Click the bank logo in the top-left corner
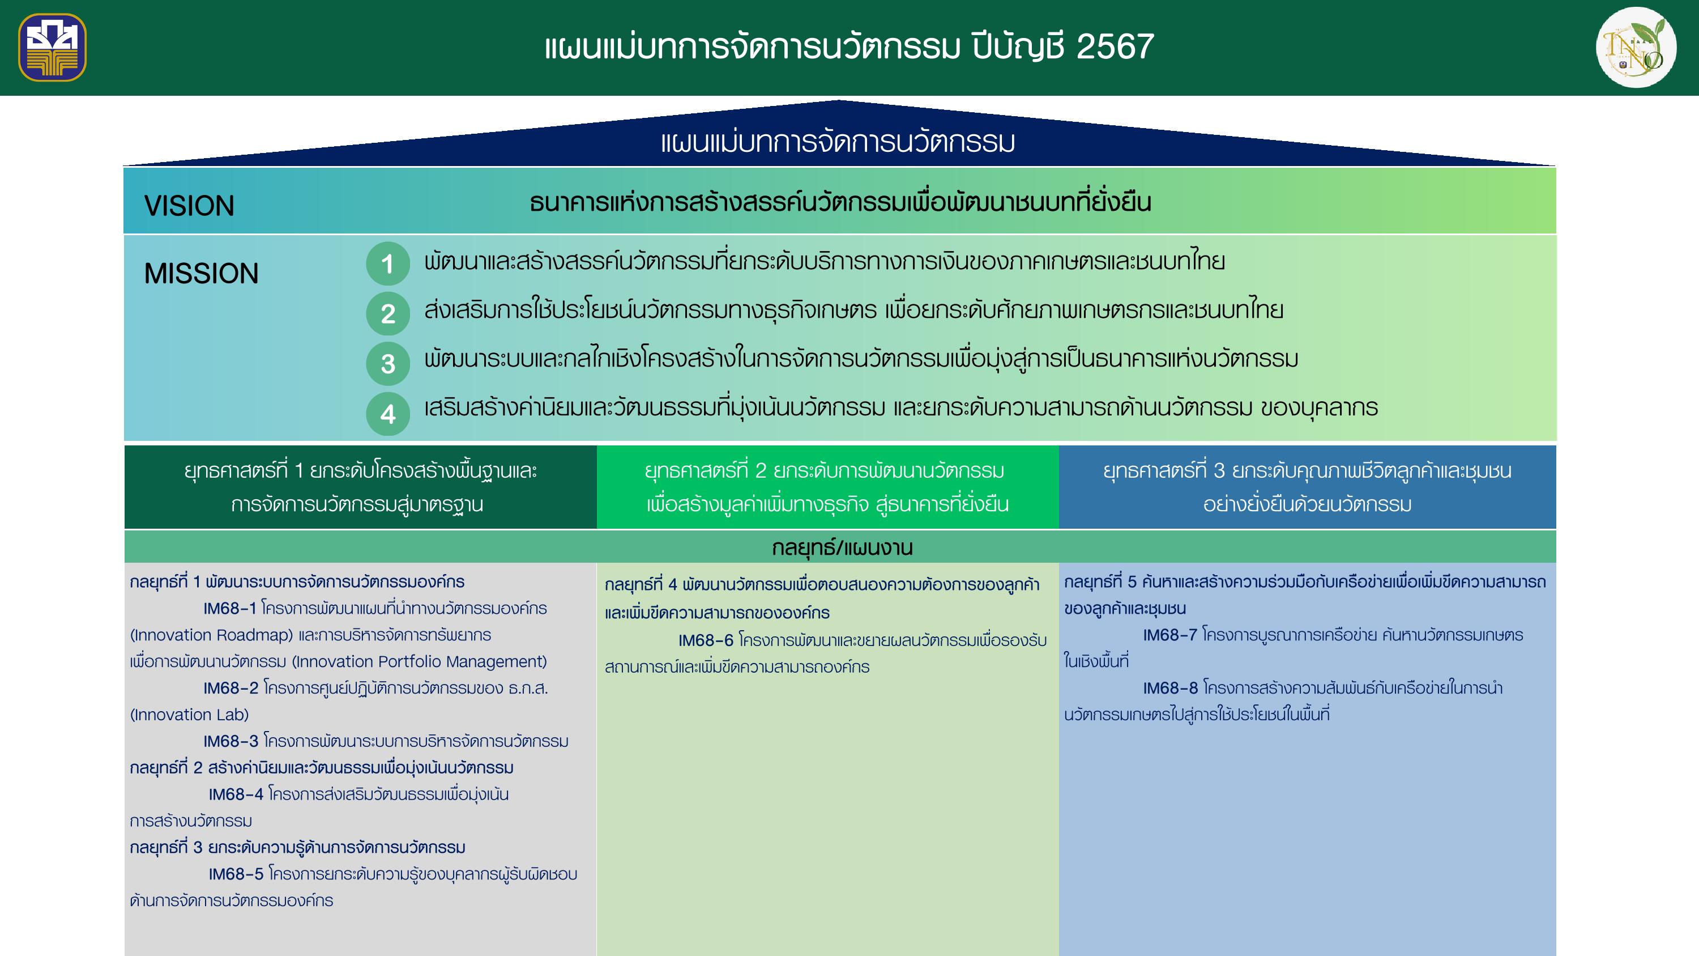(53, 48)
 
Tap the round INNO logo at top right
(1636, 48)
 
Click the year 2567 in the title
(1115, 47)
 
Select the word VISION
(189, 206)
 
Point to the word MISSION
(201, 274)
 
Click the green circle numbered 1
(388, 264)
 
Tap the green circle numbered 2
(388, 314)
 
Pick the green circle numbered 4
(388, 414)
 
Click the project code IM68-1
(229, 608)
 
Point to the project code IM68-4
(236, 794)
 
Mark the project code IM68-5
(236, 874)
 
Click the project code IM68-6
(706, 640)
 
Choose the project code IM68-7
(1170, 635)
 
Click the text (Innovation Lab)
(189, 715)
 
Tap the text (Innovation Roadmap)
(212, 635)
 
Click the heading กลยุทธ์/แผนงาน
(842, 547)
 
